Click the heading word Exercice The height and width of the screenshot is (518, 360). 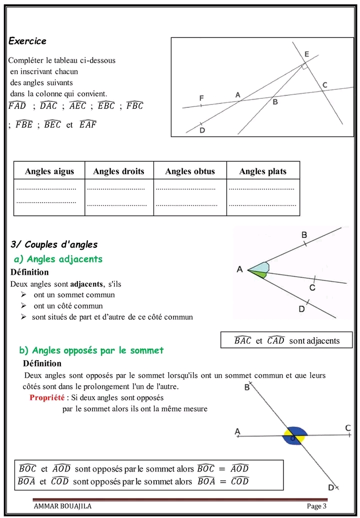(27, 41)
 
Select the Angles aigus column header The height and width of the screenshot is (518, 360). (49, 171)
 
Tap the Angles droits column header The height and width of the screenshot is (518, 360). (118, 171)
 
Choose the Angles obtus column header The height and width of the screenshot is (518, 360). (190, 171)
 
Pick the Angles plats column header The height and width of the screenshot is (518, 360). (263, 171)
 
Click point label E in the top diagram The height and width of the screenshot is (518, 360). (306, 54)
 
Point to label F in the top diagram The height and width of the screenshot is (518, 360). (201, 98)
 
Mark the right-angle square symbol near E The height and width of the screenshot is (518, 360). (304, 66)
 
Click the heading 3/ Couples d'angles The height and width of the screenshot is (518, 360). (54, 245)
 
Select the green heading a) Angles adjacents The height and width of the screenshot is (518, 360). (58, 259)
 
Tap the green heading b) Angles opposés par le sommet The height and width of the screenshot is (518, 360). (91, 350)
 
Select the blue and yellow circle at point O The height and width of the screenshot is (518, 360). (294, 435)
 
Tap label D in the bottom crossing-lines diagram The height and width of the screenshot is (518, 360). (331, 487)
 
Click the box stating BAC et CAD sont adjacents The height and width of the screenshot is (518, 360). (286, 341)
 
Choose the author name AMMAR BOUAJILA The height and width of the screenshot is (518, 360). (62, 506)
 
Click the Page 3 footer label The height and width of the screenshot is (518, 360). (316, 506)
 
